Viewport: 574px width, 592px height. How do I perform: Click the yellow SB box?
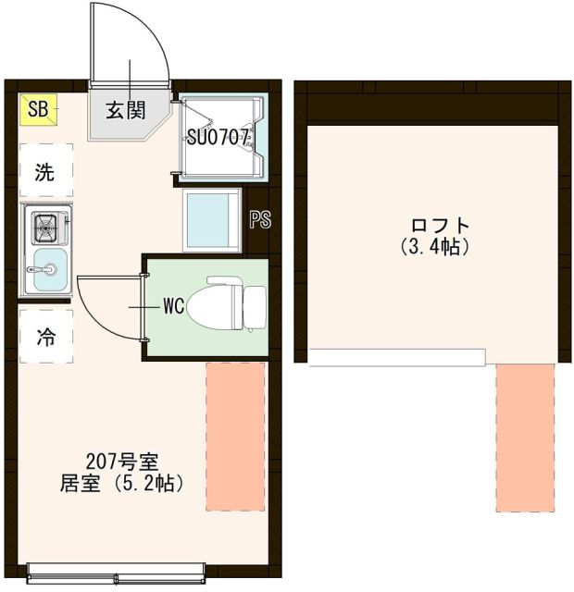click(x=38, y=110)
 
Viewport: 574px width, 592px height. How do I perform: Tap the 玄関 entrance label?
click(x=124, y=111)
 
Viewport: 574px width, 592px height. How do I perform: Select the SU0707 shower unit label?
click(x=218, y=139)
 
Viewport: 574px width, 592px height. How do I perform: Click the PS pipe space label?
click(x=259, y=219)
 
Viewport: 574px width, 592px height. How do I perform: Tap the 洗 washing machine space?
click(x=44, y=171)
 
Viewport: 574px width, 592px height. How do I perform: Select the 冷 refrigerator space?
click(x=44, y=338)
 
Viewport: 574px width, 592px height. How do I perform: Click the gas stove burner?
click(x=45, y=225)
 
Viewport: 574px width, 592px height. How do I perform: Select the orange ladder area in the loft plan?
click(x=524, y=438)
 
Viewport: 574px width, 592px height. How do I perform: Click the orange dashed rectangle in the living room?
click(x=235, y=436)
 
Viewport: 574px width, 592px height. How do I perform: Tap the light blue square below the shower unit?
click(x=212, y=219)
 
